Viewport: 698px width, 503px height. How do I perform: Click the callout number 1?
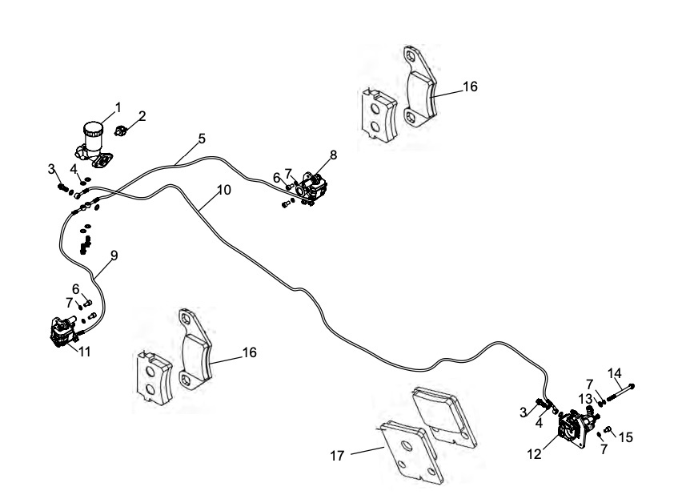pyautogui.click(x=118, y=107)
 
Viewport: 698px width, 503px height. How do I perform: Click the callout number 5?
pyautogui.click(x=202, y=139)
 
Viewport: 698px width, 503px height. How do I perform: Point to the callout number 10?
pyautogui.click(x=223, y=191)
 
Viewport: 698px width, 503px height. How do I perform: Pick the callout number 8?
pyautogui.click(x=332, y=155)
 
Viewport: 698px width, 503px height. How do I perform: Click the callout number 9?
pyautogui.click(x=114, y=256)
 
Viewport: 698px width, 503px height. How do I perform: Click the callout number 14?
pyautogui.click(x=615, y=372)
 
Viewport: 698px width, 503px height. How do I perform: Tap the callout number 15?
pyautogui.click(x=626, y=437)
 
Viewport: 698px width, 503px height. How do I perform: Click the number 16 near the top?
pyautogui.click(x=470, y=87)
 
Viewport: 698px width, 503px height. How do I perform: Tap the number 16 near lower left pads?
pyautogui.click(x=249, y=352)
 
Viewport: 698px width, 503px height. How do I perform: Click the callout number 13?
pyautogui.click(x=586, y=399)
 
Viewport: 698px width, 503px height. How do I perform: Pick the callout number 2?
pyautogui.click(x=142, y=116)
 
